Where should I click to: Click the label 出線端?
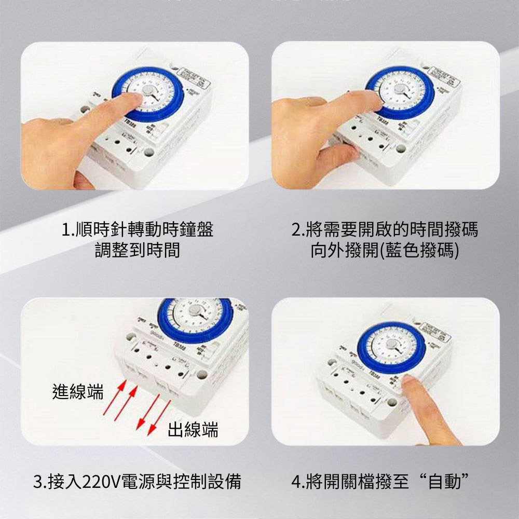[x=193, y=430]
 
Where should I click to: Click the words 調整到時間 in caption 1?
[x=137, y=250]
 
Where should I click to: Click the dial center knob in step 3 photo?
[x=194, y=310]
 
